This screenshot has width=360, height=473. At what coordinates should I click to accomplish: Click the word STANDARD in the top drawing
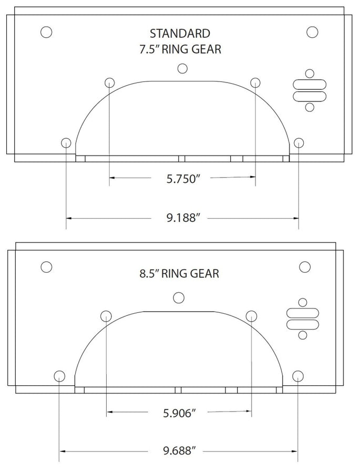click(180, 34)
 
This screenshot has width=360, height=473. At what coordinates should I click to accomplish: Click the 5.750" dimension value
click(180, 179)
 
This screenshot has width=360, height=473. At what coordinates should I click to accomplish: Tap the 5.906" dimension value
click(178, 413)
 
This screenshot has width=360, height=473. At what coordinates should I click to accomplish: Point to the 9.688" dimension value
click(178, 451)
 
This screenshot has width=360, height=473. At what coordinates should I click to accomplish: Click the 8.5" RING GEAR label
click(179, 274)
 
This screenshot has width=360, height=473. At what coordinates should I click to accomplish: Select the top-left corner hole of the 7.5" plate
click(46, 32)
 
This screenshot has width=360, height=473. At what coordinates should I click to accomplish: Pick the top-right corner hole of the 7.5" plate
click(312, 32)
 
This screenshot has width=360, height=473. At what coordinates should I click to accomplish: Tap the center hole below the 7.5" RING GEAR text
click(182, 68)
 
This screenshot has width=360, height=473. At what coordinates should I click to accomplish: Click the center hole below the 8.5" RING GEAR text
click(179, 298)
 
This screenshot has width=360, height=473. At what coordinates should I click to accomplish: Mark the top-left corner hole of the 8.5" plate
click(46, 266)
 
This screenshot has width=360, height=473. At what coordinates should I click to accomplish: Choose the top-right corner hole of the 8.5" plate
click(304, 266)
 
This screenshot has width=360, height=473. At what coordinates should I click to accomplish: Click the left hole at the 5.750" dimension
click(109, 82)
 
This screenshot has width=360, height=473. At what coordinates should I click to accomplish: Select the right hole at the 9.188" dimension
click(299, 142)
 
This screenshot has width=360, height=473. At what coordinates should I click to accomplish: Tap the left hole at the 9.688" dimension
click(59, 376)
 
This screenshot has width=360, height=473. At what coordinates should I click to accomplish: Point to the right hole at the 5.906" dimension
click(251, 316)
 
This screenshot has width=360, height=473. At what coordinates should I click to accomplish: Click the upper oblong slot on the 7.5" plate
click(309, 85)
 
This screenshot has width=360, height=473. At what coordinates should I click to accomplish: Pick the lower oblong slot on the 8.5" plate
click(302, 324)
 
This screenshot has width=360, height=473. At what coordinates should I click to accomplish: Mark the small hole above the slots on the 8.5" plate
click(302, 302)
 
